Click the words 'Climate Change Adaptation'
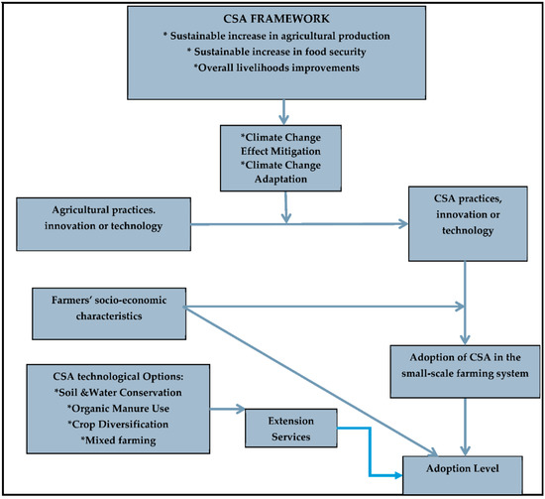[x=284, y=174]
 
